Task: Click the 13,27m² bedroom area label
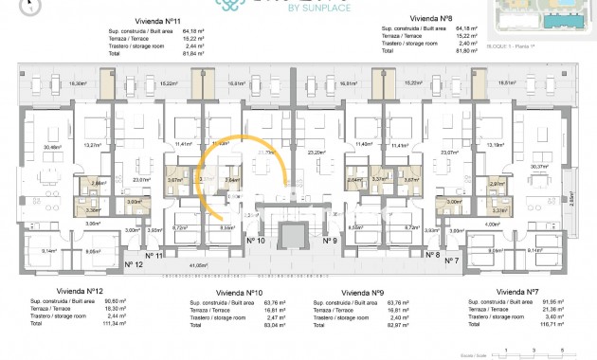point(93,145)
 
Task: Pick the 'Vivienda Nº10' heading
point(239,293)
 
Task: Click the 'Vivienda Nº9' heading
point(361,293)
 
